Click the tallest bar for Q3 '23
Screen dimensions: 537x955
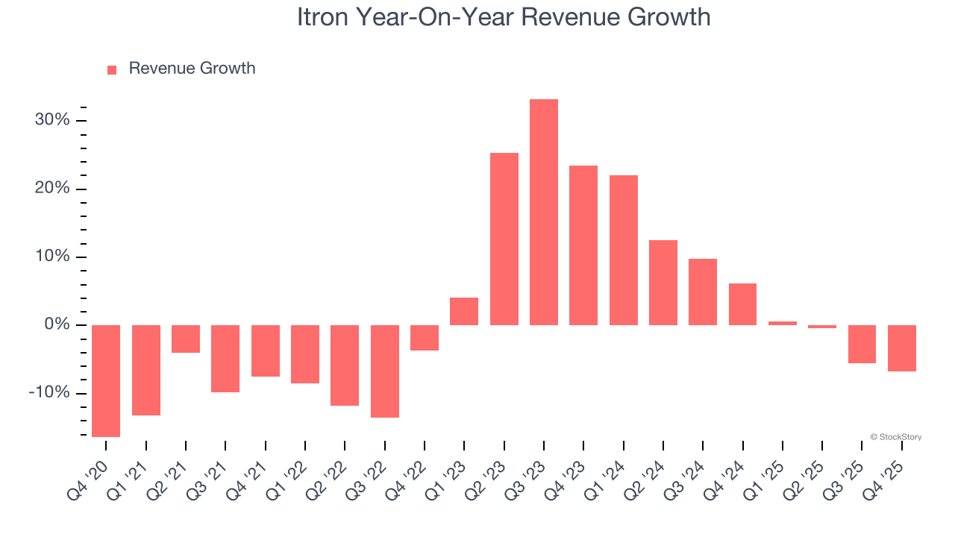[543, 213]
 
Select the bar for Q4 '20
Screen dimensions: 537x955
[106, 380]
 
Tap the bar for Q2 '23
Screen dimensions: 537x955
[504, 239]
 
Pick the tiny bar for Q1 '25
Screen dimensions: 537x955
[783, 323]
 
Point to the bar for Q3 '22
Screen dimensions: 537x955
[385, 371]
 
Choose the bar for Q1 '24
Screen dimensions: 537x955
[623, 250]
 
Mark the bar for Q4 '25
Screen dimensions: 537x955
[902, 348]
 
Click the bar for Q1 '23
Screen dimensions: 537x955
[464, 311]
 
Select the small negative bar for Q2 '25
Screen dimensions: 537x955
[822, 327]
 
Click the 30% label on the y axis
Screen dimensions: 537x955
[52, 120]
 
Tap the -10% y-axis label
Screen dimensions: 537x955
[49, 393]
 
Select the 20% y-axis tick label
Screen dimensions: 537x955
[52, 189]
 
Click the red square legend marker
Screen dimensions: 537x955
[112, 70]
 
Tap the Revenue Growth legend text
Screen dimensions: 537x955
[192, 69]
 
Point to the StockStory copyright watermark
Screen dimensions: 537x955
[895, 437]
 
